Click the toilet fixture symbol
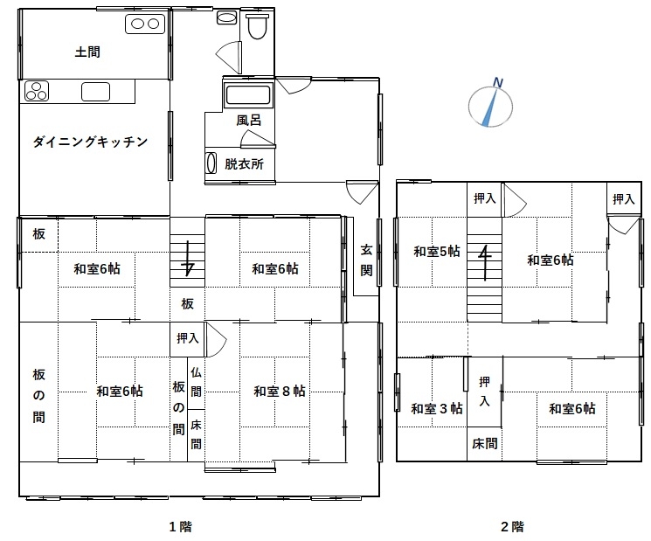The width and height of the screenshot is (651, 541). (x=257, y=25)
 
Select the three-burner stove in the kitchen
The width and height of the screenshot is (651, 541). (x=37, y=91)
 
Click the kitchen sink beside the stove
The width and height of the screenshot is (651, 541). (x=95, y=92)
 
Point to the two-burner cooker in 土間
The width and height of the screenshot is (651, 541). (x=145, y=24)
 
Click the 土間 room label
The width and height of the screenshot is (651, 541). (x=87, y=52)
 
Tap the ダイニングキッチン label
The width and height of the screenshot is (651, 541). (x=90, y=142)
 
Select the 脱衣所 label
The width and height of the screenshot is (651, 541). (x=244, y=164)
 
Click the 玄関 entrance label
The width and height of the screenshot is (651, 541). (x=366, y=260)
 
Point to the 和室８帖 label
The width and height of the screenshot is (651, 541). (x=280, y=392)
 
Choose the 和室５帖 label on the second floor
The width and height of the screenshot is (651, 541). (x=437, y=251)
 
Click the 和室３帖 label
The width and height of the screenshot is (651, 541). (x=437, y=408)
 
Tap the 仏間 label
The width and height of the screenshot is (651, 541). (x=196, y=382)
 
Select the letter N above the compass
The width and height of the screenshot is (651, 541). (x=498, y=83)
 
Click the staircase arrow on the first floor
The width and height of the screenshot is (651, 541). (x=188, y=258)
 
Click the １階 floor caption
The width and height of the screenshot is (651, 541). (x=181, y=527)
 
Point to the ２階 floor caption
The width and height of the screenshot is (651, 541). (x=512, y=527)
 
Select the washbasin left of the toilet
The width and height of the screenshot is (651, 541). (x=226, y=17)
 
